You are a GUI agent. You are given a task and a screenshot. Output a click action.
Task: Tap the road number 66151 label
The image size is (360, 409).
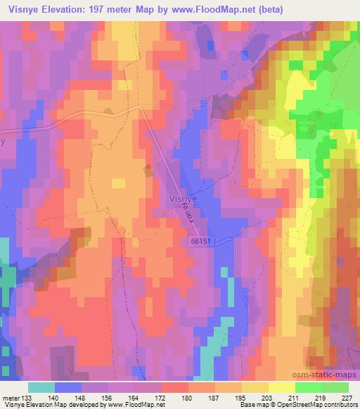click(200, 241)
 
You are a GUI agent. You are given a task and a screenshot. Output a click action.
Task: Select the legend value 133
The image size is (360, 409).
click(27, 397)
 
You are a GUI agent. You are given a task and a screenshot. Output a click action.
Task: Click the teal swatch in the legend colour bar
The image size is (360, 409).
click(41, 387)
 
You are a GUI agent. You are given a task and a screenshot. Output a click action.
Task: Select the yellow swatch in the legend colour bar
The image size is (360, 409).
click(255, 387)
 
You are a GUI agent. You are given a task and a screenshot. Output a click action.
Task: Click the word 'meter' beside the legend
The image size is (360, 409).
click(10, 397)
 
